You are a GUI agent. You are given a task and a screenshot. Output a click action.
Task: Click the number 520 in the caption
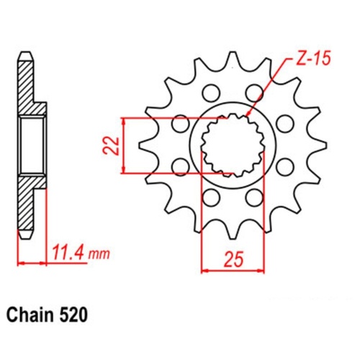pos(77,315)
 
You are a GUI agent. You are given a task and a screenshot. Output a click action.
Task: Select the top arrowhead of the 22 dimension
pos(126,120)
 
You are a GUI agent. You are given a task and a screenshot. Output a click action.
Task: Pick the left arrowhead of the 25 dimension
pos(202,271)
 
